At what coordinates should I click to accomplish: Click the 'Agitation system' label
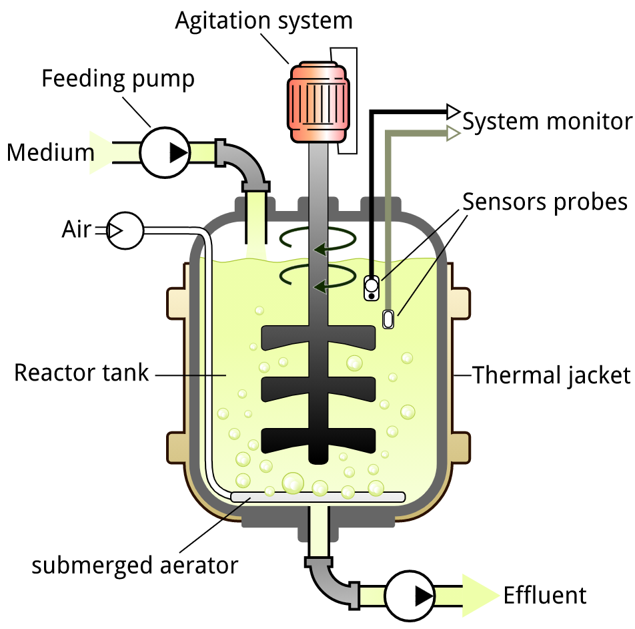coord(263,21)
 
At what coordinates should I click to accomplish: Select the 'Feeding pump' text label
coord(118,79)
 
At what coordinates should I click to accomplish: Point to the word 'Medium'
coord(51,153)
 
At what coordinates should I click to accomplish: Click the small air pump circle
coord(125,230)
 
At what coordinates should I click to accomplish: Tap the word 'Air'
coord(76,230)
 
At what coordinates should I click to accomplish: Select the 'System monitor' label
coord(547,122)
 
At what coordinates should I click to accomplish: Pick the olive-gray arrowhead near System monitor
coord(454,134)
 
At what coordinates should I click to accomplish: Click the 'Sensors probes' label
coord(545,201)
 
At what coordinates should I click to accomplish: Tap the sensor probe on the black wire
coord(372,288)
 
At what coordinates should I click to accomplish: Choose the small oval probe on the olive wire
coord(388,319)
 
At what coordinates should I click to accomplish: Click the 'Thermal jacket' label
coord(551,375)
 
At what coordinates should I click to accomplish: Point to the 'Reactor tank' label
coord(81,373)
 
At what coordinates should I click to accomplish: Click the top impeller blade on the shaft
coord(318,338)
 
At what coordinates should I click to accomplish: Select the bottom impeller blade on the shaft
coord(318,439)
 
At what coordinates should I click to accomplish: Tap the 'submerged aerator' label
coord(135,566)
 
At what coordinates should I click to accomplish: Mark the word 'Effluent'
coord(545,595)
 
